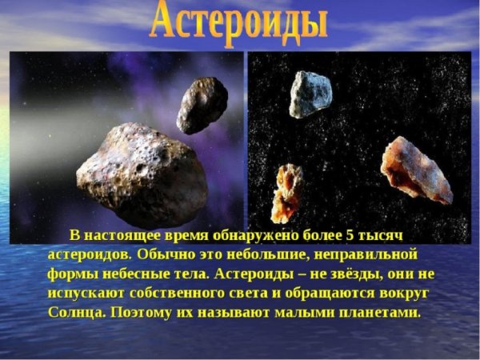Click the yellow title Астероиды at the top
coord(239,22)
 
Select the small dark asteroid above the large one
coord(202,104)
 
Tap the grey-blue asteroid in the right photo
coord(310,93)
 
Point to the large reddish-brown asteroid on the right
coord(415,169)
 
